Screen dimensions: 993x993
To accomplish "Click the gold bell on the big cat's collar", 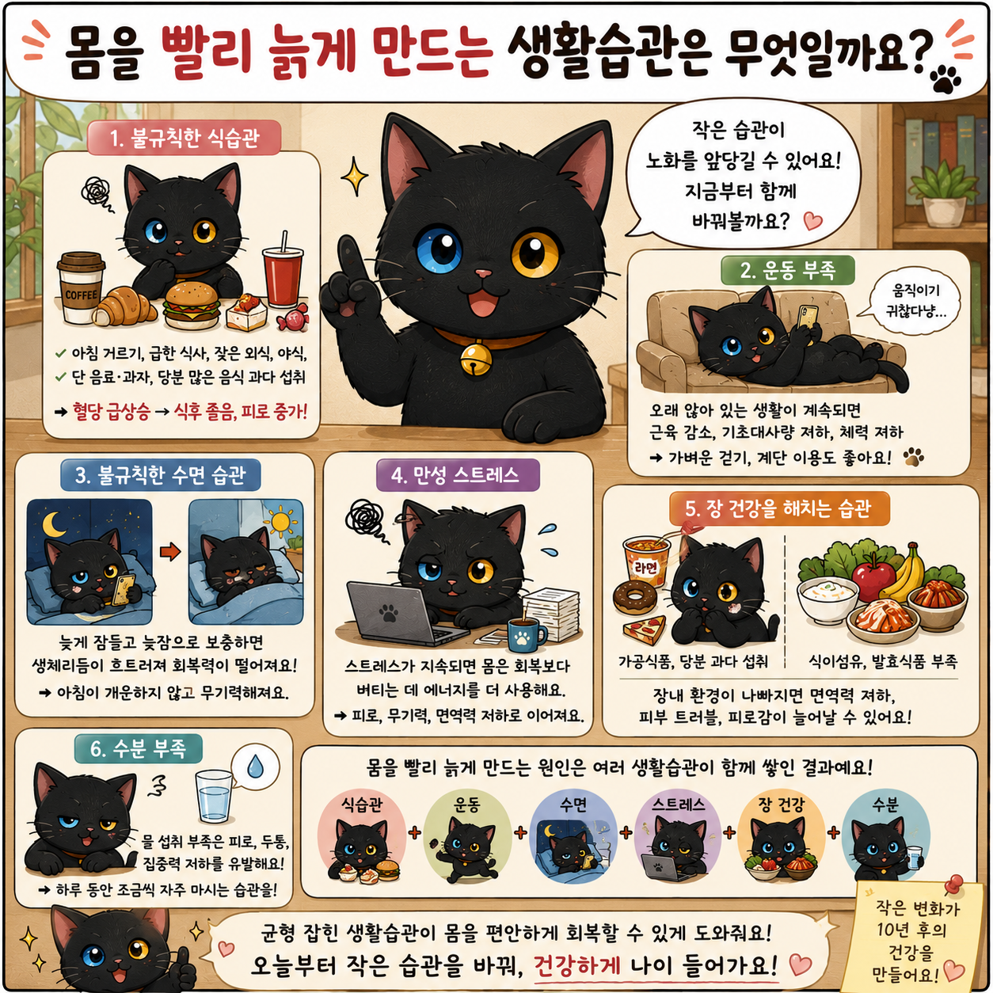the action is click(x=473, y=360).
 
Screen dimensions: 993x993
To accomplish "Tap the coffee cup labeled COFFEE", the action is click(x=81, y=287).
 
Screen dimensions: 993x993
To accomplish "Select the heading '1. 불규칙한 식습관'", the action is click(x=184, y=138).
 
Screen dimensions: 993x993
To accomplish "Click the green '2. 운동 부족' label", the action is click(x=787, y=271).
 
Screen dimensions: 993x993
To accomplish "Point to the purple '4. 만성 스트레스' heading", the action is click(x=457, y=474).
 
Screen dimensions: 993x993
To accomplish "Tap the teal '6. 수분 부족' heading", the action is click(x=138, y=749).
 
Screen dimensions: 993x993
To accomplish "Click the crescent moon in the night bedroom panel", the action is click(x=54, y=523).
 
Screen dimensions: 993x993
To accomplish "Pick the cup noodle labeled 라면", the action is click(x=646, y=561).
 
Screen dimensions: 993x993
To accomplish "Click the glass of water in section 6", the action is click(x=214, y=796).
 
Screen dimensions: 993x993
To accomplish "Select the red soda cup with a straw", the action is click(x=283, y=274).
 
